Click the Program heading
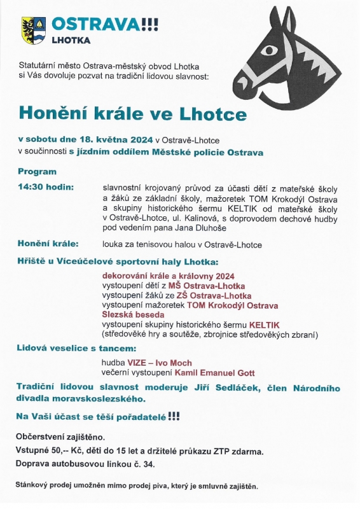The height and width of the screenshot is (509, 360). tap(37, 172)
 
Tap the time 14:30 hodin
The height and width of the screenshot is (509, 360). tap(46, 187)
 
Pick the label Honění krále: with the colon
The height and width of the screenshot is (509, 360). tap(48, 244)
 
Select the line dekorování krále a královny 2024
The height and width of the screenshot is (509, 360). tap(169, 275)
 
